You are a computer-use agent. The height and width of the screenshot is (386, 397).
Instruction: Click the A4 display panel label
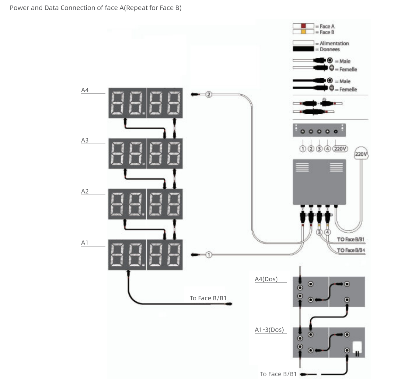(85, 90)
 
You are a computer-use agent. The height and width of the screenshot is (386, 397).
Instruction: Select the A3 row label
(85, 140)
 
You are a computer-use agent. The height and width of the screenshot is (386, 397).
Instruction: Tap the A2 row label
(85, 191)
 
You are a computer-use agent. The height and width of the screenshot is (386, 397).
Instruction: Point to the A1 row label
(85, 243)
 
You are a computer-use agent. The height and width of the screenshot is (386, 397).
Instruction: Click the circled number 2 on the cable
(209, 94)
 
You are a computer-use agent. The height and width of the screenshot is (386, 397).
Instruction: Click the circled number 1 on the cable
(208, 255)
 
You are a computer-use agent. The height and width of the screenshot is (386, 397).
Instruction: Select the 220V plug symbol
(361, 153)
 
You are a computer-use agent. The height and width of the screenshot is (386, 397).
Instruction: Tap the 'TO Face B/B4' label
(351, 250)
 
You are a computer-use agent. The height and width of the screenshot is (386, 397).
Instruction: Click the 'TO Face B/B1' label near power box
(351, 240)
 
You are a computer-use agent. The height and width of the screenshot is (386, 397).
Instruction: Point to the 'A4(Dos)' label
(266, 279)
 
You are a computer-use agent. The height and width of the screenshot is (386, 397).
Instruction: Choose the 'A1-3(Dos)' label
(269, 330)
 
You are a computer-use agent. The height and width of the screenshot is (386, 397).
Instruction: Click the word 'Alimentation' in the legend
(334, 43)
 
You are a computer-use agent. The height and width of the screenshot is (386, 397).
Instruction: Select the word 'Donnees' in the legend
(329, 49)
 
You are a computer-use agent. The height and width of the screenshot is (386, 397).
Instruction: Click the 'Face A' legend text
(327, 26)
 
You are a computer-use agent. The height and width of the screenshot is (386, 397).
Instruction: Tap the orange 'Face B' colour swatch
(303, 32)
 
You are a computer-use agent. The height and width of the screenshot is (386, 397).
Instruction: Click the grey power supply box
(319, 182)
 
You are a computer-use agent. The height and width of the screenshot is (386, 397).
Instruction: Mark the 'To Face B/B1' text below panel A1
(208, 298)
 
